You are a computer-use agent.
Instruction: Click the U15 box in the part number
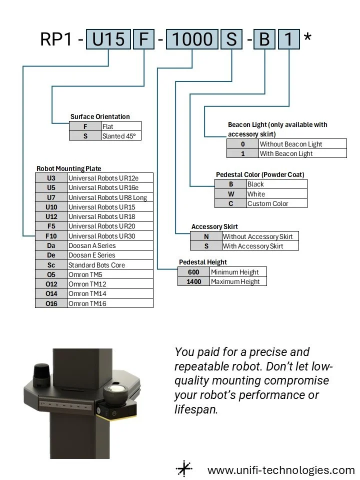click(x=108, y=39)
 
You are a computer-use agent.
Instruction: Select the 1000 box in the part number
click(x=192, y=39)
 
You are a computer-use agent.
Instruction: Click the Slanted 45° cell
click(x=120, y=135)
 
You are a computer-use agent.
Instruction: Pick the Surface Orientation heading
click(x=100, y=116)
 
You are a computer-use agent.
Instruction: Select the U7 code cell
click(x=51, y=197)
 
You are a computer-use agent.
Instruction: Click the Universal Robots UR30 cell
click(x=110, y=236)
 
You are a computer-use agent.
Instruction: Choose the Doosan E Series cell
click(x=110, y=255)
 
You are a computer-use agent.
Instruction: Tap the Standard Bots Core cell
click(x=110, y=265)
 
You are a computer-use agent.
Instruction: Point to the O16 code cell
click(x=51, y=303)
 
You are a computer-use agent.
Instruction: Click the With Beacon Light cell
click(x=302, y=153)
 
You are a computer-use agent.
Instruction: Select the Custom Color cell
click(x=276, y=203)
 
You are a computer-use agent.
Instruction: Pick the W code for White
click(x=230, y=194)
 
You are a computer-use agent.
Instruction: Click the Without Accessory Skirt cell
click(x=260, y=236)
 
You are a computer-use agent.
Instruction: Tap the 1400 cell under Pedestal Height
click(x=193, y=281)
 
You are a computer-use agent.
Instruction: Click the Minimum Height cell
click(x=238, y=272)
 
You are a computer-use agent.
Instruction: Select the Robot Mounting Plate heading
click(x=69, y=168)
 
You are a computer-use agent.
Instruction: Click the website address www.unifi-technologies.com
click(x=281, y=470)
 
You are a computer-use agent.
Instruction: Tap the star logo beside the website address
click(x=184, y=469)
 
